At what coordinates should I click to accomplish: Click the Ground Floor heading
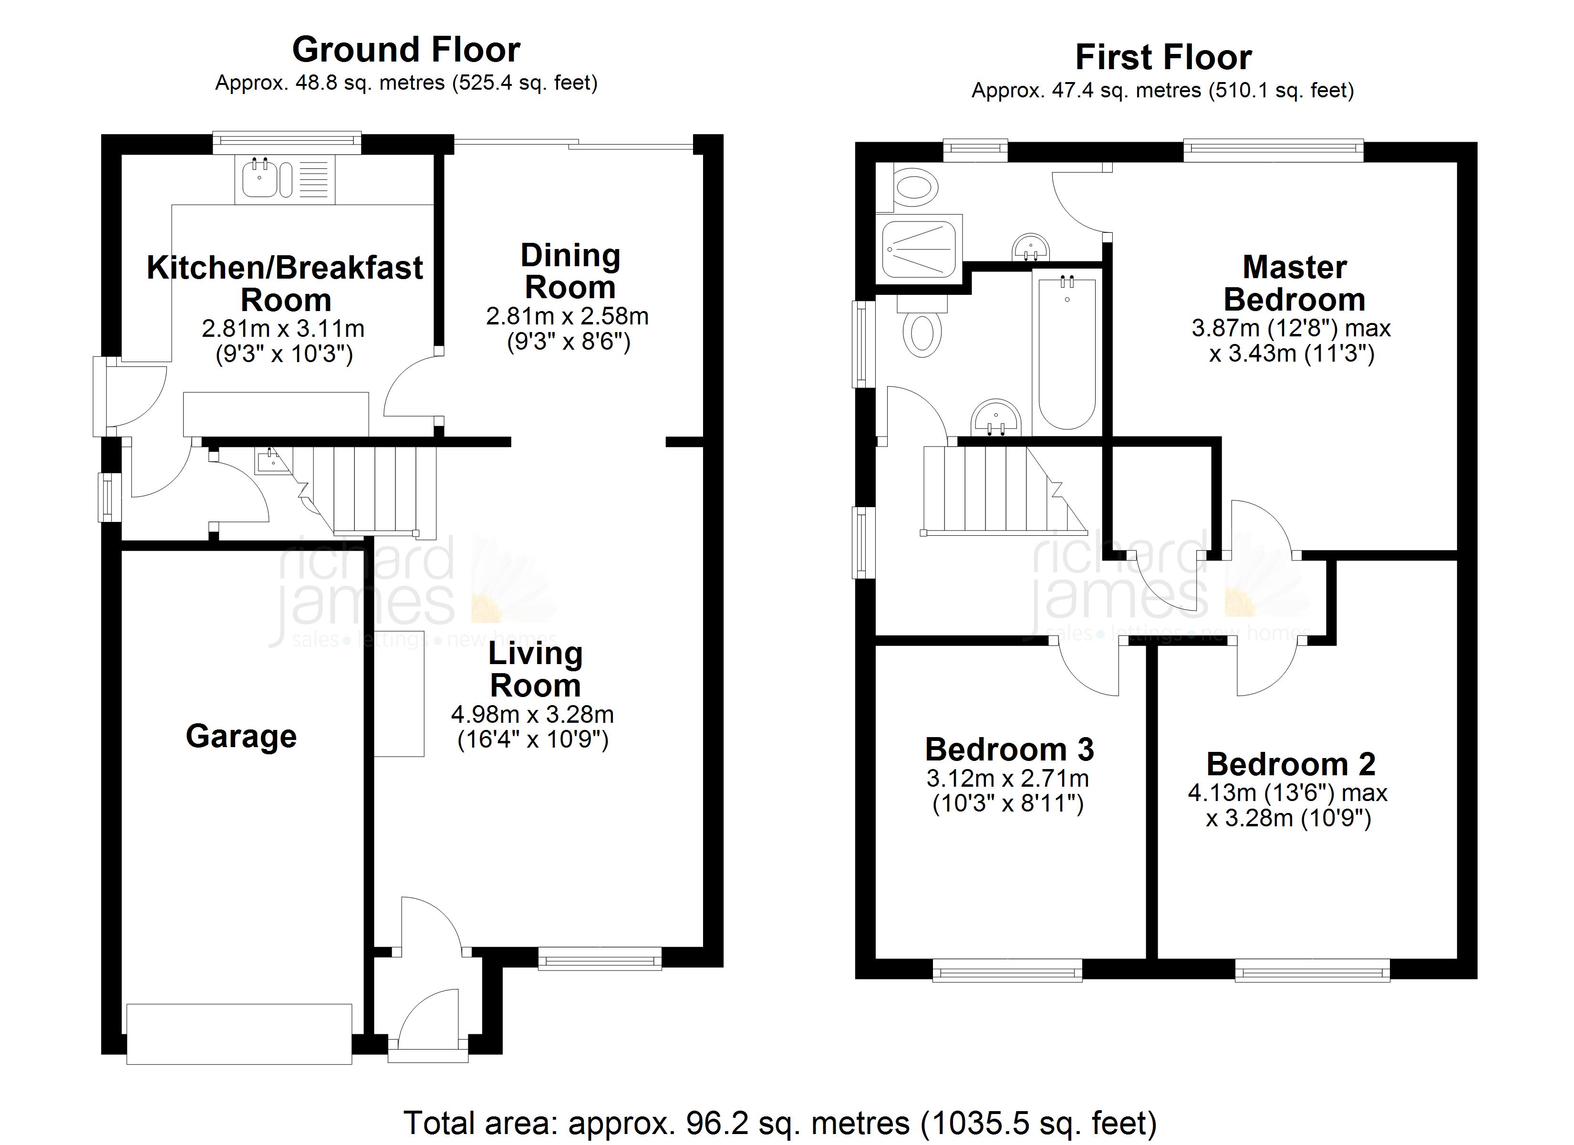click(406, 50)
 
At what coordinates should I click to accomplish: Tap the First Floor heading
click(1163, 57)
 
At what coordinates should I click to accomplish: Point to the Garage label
click(241, 736)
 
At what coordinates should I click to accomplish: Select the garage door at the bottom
click(239, 1033)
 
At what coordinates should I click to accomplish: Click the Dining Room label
click(570, 271)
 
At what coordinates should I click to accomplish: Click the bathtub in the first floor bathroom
click(1067, 353)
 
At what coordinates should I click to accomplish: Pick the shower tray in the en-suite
click(920, 247)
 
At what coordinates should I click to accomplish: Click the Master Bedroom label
click(1294, 283)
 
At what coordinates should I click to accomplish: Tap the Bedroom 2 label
click(1291, 764)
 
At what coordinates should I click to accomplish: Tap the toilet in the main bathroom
click(922, 333)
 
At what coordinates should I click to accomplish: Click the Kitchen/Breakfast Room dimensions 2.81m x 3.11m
click(283, 328)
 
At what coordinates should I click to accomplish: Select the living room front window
click(600, 960)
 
